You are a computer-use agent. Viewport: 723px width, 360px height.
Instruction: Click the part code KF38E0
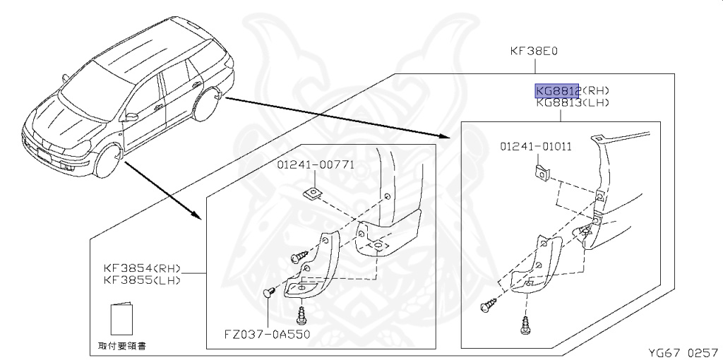(534, 52)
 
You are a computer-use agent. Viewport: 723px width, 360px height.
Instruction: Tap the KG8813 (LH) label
(572, 103)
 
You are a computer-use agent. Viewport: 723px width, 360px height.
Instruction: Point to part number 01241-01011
(536, 147)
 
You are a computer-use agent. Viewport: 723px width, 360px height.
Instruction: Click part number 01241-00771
(316, 165)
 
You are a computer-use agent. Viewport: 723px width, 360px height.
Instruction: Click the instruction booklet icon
(121, 319)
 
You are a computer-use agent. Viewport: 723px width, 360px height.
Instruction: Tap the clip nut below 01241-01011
(541, 172)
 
